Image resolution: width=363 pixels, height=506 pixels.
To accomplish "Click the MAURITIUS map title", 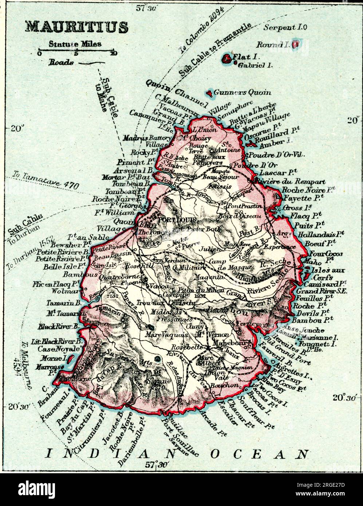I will click(x=76, y=27).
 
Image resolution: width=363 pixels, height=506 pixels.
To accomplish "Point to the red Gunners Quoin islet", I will click(x=209, y=93).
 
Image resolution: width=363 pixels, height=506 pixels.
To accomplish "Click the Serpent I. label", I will click(x=285, y=27).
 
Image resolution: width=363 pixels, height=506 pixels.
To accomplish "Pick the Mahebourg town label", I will click(x=237, y=342).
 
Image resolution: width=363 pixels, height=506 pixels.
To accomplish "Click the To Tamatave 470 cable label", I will click(x=46, y=180).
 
